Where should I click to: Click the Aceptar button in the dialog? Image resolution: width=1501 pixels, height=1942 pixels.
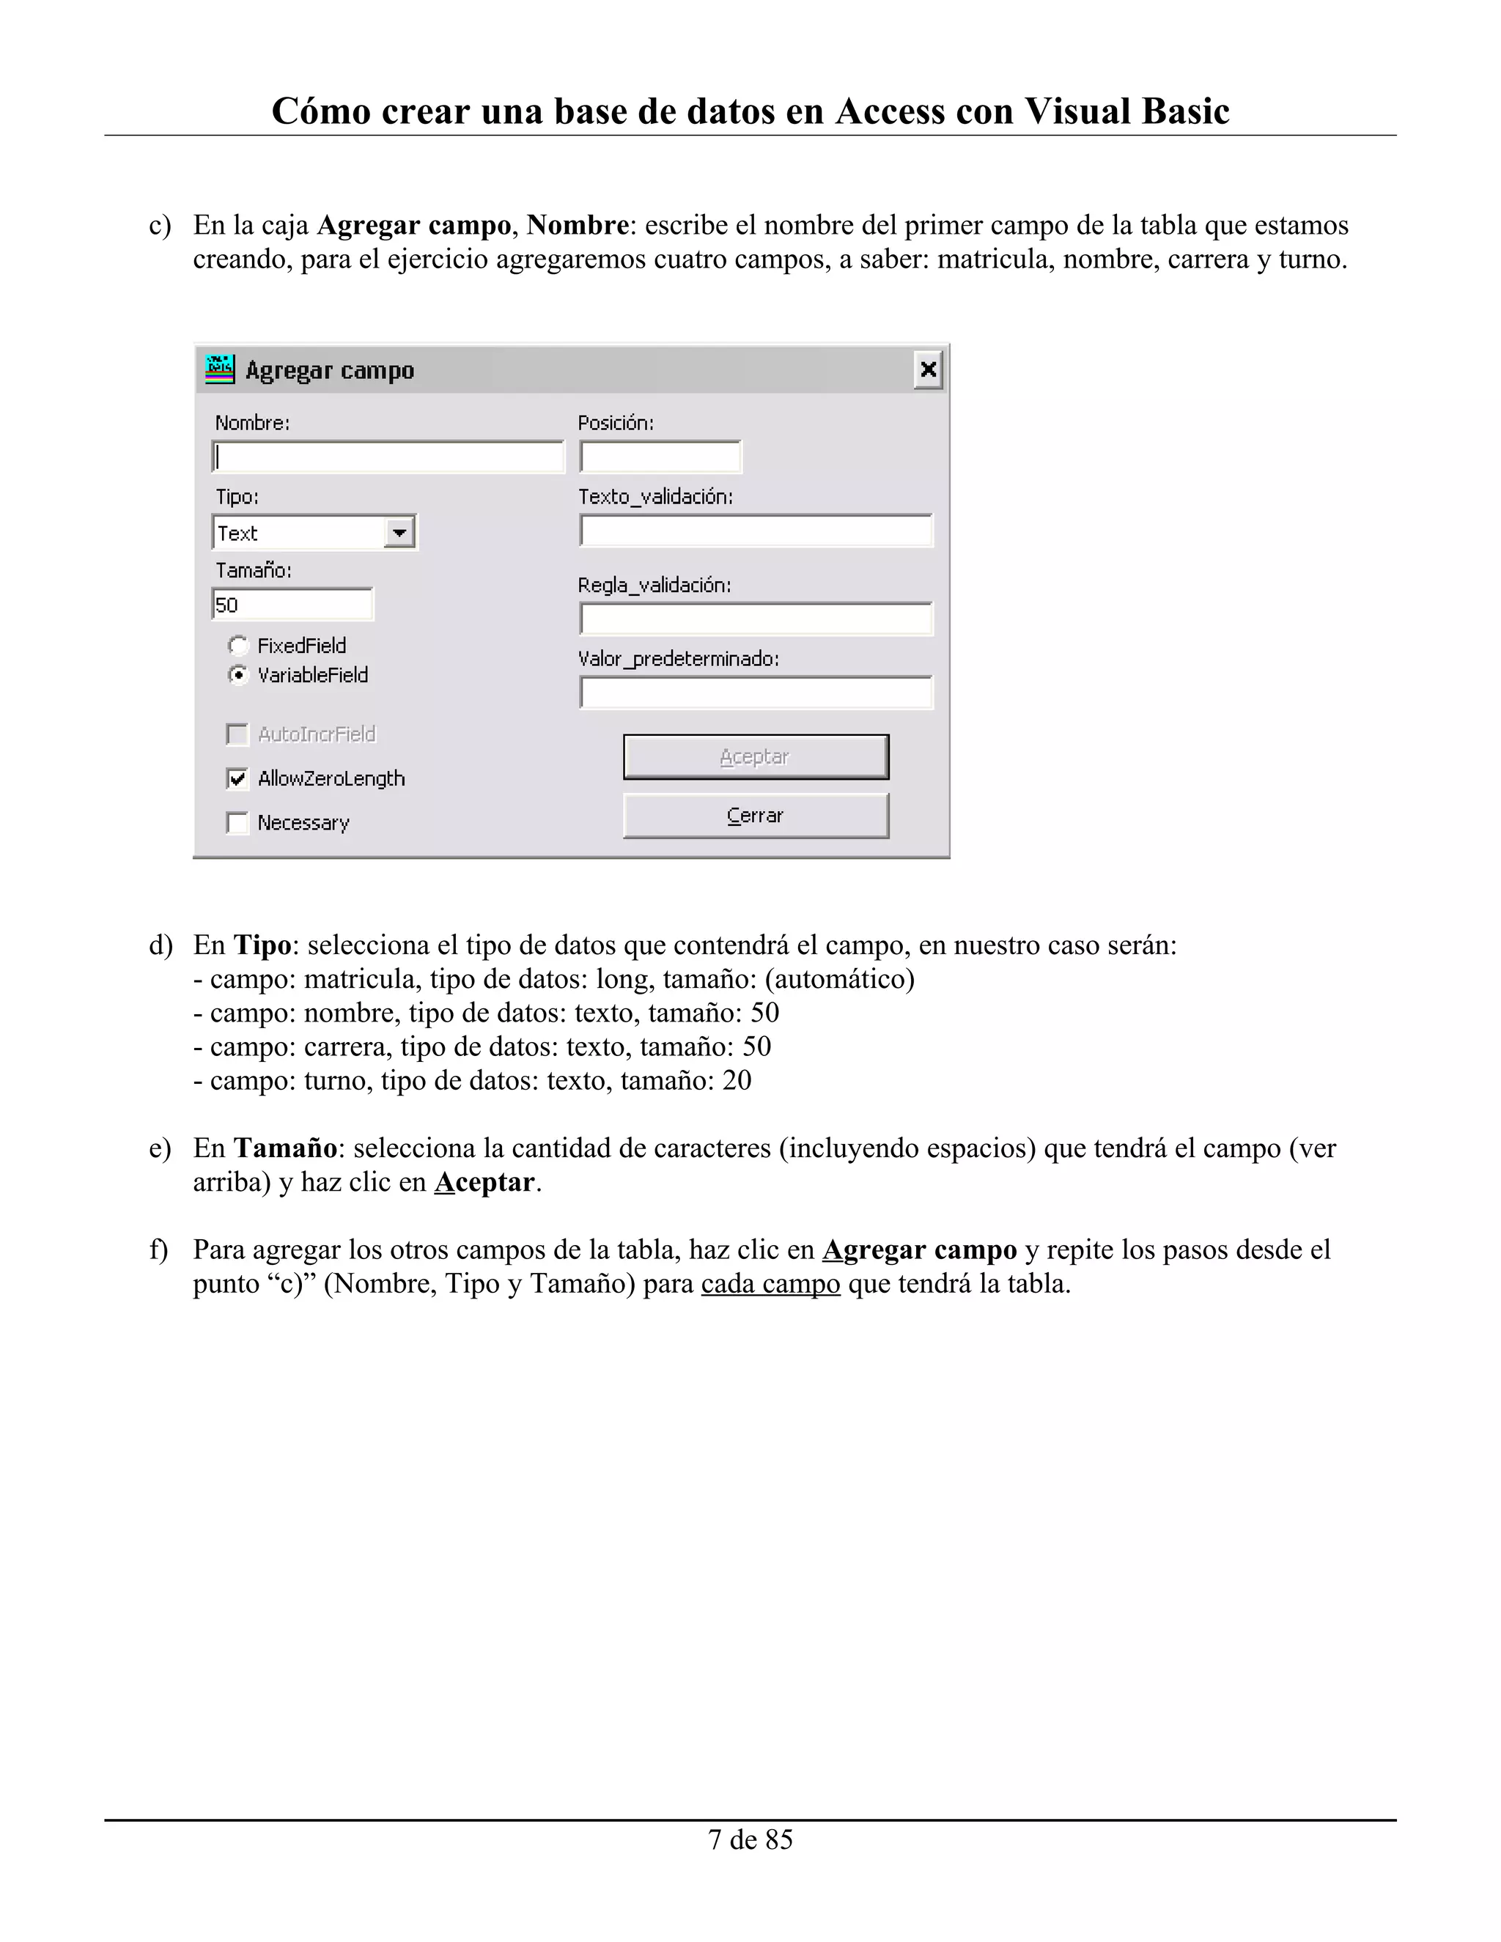(x=755, y=757)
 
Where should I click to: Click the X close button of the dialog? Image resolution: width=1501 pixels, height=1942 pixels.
(x=927, y=369)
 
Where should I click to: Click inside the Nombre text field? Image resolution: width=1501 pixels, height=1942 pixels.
(x=388, y=457)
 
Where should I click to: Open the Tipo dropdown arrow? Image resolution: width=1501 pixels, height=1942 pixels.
(x=399, y=533)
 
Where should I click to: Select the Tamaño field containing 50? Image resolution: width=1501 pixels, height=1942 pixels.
(x=292, y=605)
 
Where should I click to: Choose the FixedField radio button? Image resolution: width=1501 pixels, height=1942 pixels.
(x=238, y=646)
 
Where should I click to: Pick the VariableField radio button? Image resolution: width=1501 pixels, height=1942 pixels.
(x=238, y=675)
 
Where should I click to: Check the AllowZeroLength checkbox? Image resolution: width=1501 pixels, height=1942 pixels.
(x=237, y=779)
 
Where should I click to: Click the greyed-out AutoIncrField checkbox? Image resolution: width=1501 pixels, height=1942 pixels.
(x=237, y=734)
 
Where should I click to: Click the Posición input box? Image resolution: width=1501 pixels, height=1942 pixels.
(x=660, y=457)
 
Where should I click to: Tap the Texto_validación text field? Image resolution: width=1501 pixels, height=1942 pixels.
(x=755, y=531)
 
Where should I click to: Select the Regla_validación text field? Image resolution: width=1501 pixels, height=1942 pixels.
(x=755, y=619)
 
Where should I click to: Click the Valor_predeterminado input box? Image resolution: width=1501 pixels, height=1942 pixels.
(x=755, y=693)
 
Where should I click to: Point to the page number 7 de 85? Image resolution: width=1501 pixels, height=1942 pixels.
(x=750, y=1839)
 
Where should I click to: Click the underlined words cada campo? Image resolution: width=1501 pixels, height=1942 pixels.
(x=770, y=1284)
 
